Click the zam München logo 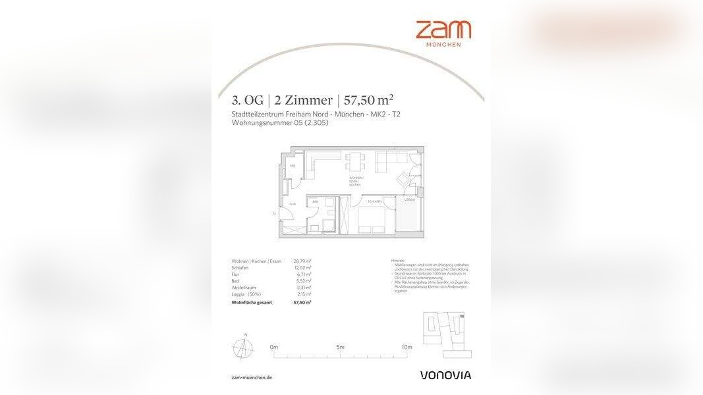(x=443, y=33)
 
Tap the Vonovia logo (x=445, y=375)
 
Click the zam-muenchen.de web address (x=252, y=378)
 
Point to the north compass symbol (x=242, y=347)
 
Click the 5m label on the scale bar (x=340, y=347)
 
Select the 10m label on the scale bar (x=407, y=347)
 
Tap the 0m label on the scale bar (x=274, y=347)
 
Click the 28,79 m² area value (x=302, y=261)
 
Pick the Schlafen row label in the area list (x=240, y=268)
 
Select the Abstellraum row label (x=244, y=288)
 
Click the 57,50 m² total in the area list (x=302, y=302)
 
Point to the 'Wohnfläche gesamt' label (x=251, y=302)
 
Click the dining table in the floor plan (x=356, y=160)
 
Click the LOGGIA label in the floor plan (x=410, y=199)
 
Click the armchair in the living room (x=401, y=178)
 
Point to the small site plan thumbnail (x=443, y=334)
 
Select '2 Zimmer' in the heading (x=303, y=101)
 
